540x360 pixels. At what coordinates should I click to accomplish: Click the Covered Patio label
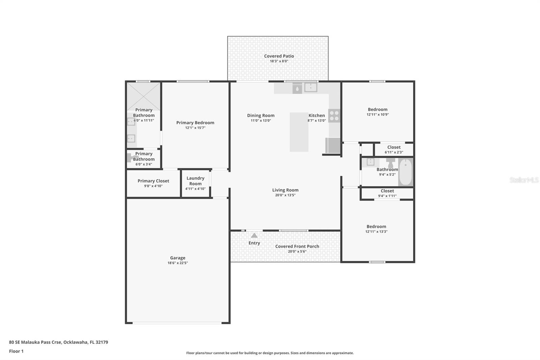[279, 56]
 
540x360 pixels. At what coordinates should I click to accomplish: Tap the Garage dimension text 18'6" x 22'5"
[178, 263]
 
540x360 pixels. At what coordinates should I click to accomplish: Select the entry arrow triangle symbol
[254, 235]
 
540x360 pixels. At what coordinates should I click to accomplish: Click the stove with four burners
[334, 116]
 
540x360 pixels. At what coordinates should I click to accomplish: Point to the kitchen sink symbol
[310, 87]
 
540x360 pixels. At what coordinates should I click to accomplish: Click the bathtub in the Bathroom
[405, 172]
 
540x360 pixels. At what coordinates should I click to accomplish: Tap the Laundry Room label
[195, 181]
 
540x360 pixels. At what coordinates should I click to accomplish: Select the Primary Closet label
[153, 181]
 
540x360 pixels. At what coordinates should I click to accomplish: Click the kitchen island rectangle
[299, 132]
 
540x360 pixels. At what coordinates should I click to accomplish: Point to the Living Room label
[285, 190]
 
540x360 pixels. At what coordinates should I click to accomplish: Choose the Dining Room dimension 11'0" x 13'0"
[261, 121]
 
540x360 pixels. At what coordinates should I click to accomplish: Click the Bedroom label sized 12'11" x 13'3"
[376, 227]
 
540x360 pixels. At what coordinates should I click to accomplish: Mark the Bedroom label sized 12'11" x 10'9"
[378, 109]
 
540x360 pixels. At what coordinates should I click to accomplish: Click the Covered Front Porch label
[297, 246]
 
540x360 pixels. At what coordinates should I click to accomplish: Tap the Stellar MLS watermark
[524, 180]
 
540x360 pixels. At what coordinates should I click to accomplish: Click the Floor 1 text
[16, 351]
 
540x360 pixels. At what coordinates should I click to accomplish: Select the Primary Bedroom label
[195, 123]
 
